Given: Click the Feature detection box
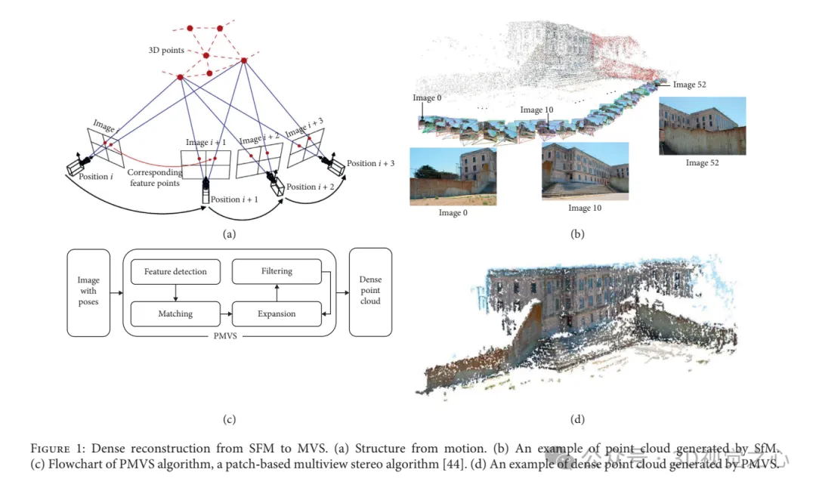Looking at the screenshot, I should point(175,272).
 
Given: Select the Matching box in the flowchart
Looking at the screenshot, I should point(175,313).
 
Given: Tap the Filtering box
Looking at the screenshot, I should point(277,271).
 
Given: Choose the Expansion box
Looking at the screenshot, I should point(277,313).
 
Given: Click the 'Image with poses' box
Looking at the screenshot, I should point(88,292).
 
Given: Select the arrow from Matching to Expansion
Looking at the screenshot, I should point(225,313).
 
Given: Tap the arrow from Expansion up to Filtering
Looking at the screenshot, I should point(277,292).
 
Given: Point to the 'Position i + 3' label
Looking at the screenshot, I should point(370,164).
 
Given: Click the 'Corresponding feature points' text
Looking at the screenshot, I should point(155,178).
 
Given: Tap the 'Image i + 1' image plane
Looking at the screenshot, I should point(205,162).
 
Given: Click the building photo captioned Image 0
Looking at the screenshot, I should point(453,176).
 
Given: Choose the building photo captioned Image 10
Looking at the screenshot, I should point(585,170).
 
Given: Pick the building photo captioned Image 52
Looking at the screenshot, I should point(702,125).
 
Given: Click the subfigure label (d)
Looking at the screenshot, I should point(577,419).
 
